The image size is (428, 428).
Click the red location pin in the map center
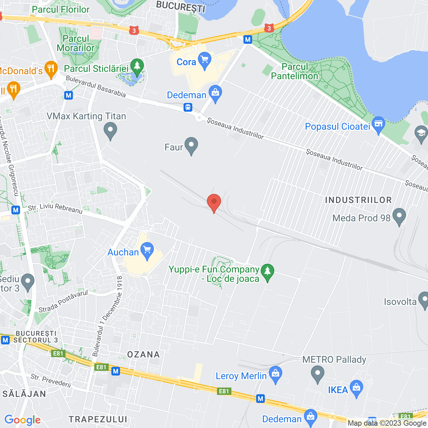[x=214, y=202]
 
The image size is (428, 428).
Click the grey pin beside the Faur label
[x=191, y=145]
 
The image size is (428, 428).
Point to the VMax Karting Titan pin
[x=110, y=130]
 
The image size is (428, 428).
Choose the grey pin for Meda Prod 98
[x=399, y=216]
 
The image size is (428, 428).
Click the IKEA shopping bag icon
[x=356, y=388]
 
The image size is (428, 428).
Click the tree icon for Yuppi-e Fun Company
[x=267, y=272]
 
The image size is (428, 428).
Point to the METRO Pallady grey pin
[x=318, y=373]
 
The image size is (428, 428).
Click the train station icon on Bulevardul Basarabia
[x=188, y=107]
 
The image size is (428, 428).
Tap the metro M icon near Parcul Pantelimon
[x=247, y=39]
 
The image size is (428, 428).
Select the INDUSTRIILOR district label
[x=358, y=200]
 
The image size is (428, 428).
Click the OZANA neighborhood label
[x=143, y=354]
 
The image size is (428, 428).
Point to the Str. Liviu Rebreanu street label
[x=55, y=208]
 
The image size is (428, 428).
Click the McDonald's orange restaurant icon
[x=51, y=69]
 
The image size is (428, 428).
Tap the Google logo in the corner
[x=22, y=420]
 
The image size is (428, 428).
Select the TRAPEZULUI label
[x=98, y=419]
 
